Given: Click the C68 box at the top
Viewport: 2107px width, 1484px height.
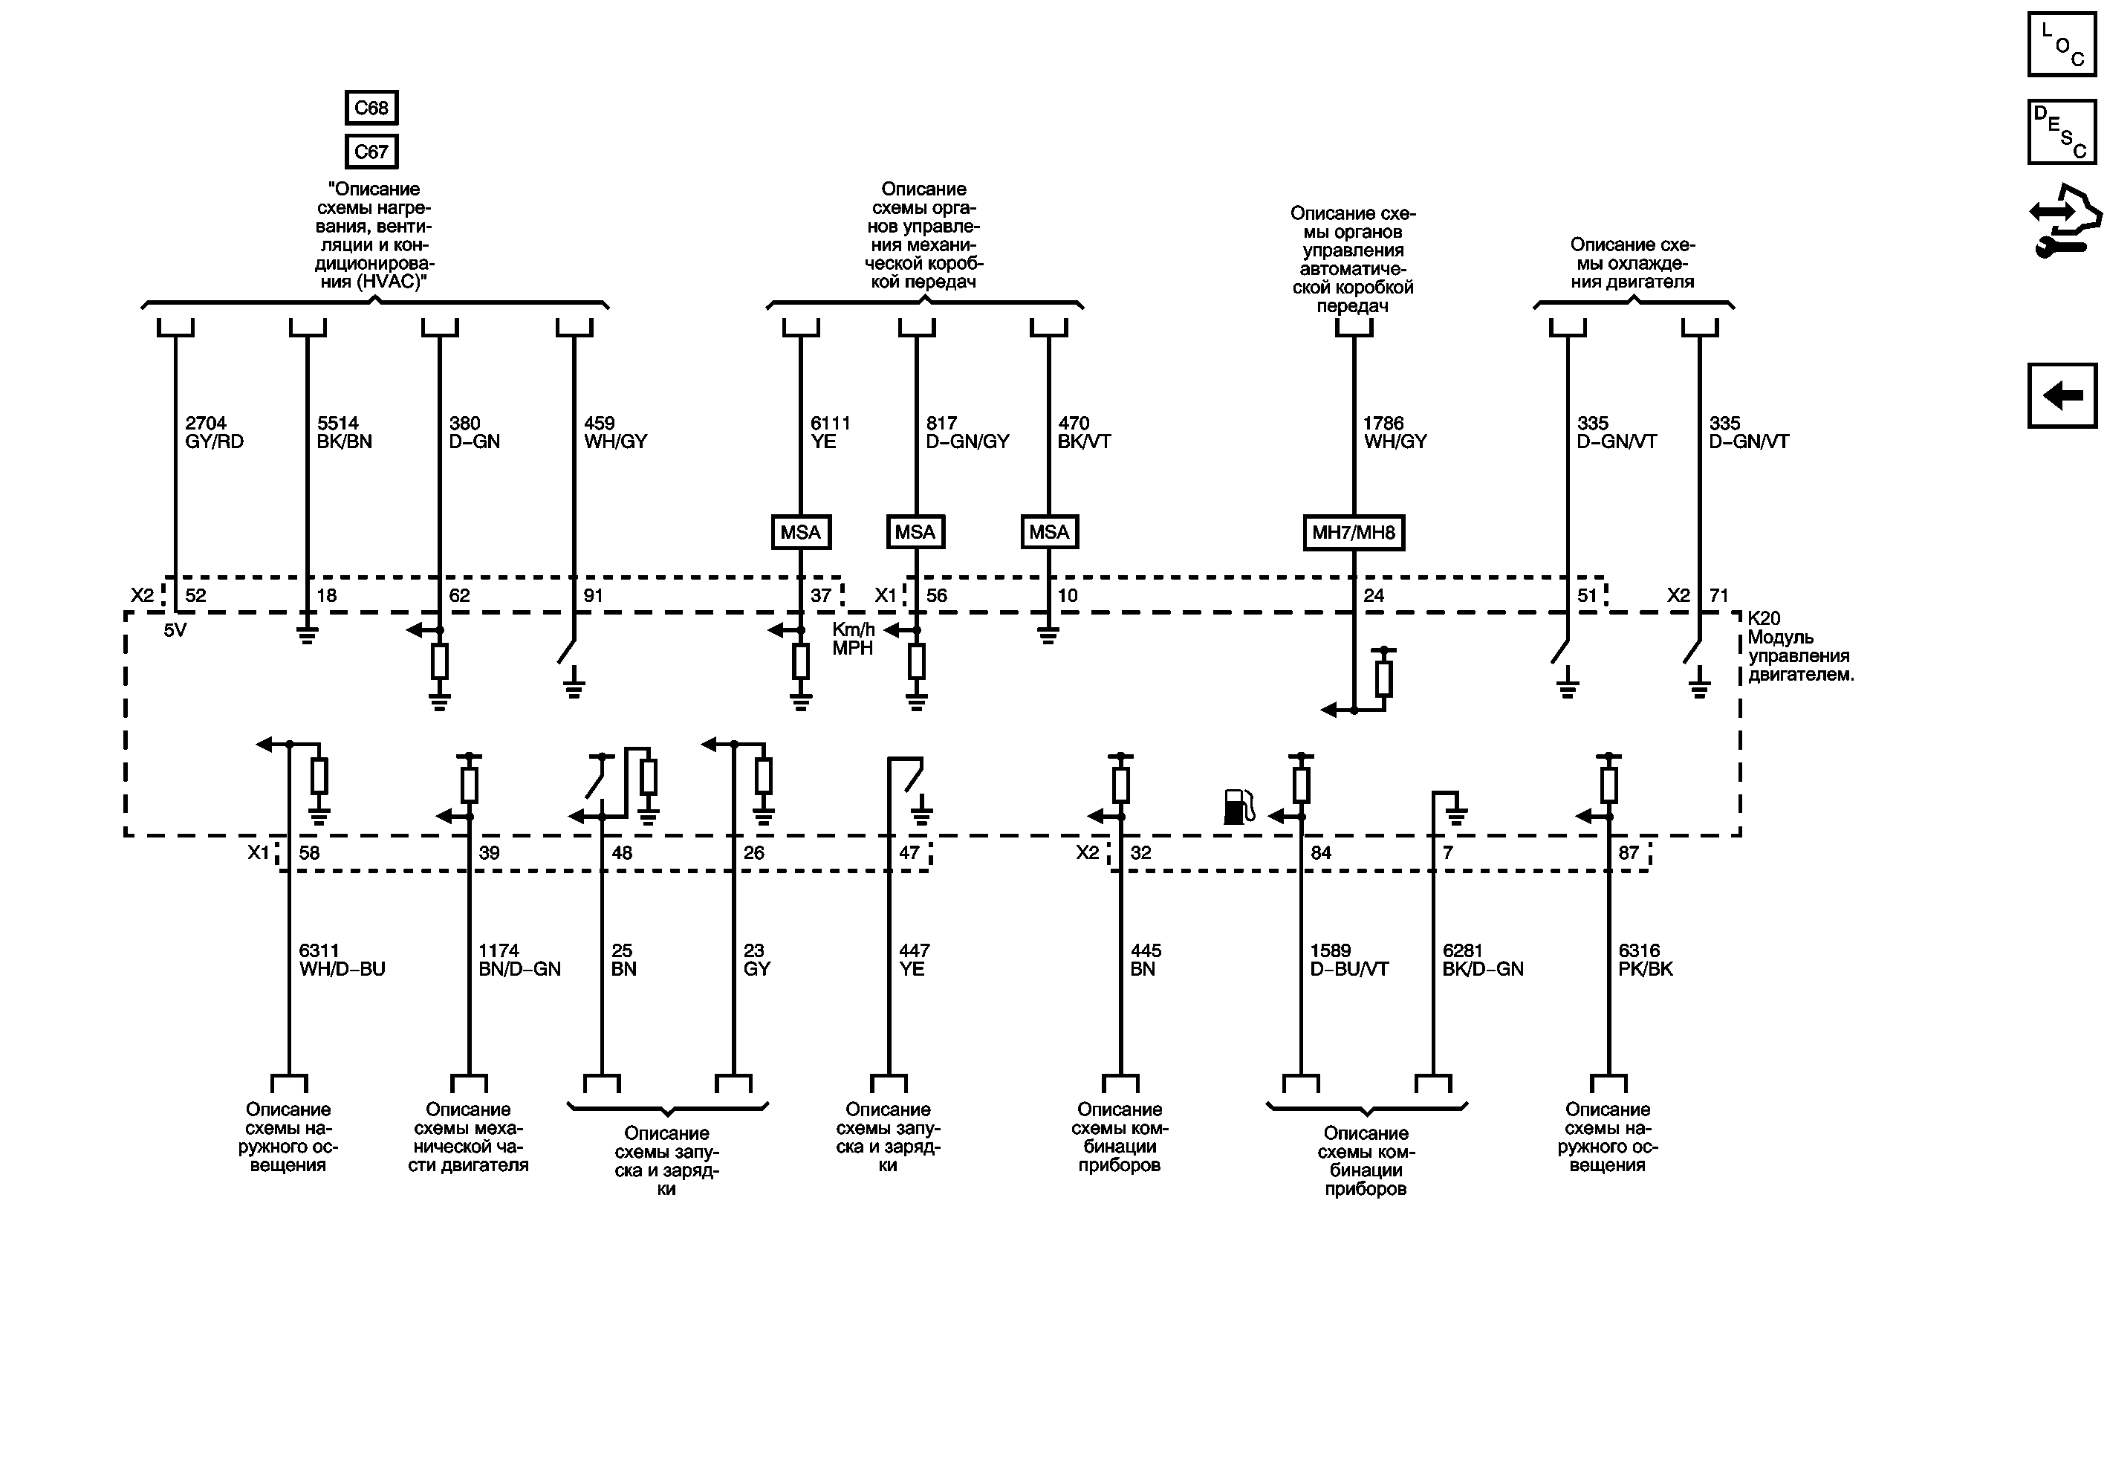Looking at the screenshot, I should [x=371, y=107].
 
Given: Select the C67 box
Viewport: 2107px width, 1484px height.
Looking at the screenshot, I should [x=371, y=152].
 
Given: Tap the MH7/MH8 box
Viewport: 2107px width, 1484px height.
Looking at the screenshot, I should [x=1354, y=532].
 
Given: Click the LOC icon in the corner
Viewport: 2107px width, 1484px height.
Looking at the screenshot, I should [x=2061, y=44].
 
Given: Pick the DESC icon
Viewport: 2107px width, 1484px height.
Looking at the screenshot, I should [x=2061, y=132].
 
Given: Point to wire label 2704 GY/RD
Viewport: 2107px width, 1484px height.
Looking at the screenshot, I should [x=214, y=432].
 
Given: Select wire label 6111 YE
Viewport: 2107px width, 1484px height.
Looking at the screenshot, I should [x=830, y=432].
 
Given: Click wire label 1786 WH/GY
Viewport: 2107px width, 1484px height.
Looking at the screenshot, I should [x=1394, y=432].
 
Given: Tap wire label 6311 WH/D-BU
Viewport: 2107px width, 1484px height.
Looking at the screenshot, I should [x=341, y=960].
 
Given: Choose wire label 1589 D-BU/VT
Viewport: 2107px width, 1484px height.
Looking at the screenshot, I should [x=1348, y=960].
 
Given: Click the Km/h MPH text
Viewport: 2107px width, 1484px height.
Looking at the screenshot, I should [x=852, y=639].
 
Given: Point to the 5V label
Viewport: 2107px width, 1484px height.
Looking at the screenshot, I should [x=175, y=630].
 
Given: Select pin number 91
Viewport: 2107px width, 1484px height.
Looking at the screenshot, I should [x=594, y=596].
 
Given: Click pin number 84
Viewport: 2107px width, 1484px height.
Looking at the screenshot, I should [x=1320, y=852].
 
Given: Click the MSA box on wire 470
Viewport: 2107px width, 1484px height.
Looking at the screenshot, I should [x=1049, y=532].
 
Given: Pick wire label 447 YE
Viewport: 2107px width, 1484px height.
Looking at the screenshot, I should [x=914, y=960].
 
